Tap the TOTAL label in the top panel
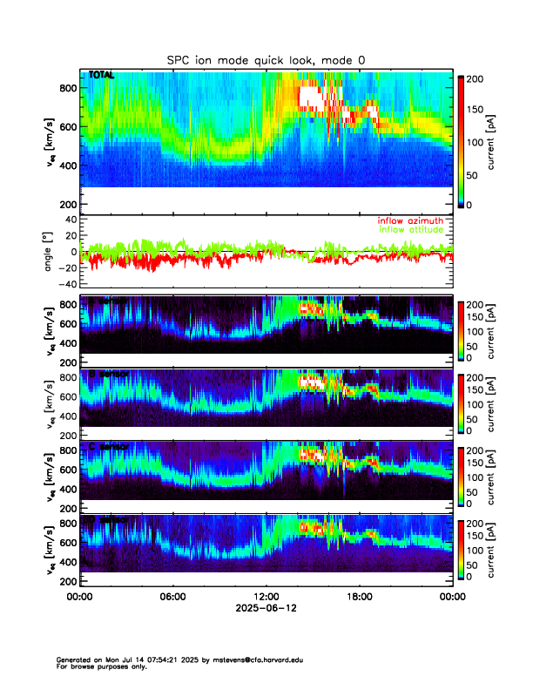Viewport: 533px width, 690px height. [x=101, y=77]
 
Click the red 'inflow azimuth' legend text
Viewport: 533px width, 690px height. [x=410, y=220]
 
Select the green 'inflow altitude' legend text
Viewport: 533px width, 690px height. [x=410, y=229]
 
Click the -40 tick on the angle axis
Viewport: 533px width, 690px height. [x=66, y=284]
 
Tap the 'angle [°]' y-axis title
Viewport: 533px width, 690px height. [x=50, y=252]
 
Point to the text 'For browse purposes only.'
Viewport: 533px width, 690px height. [x=97, y=666]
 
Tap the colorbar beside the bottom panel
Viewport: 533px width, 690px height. [x=462, y=551]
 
